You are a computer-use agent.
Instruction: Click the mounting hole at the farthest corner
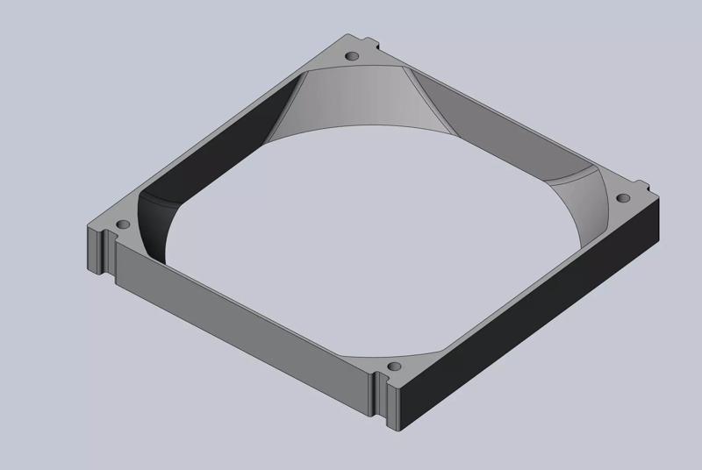click(353, 56)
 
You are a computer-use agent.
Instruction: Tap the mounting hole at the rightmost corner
click(626, 197)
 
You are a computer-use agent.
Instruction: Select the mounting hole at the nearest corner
click(394, 363)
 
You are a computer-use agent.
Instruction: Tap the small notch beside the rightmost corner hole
click(645, 187)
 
